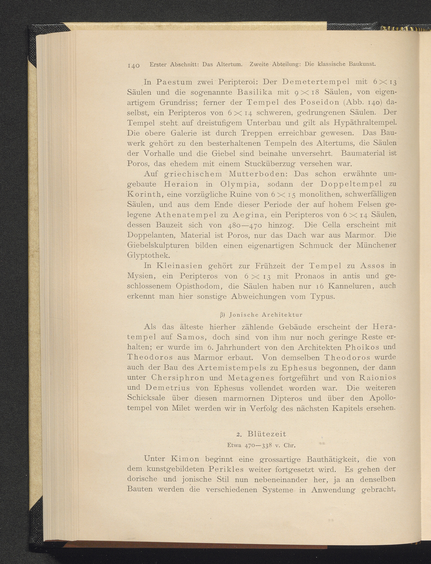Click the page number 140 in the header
pos(133,65)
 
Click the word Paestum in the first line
pos(174,82)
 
